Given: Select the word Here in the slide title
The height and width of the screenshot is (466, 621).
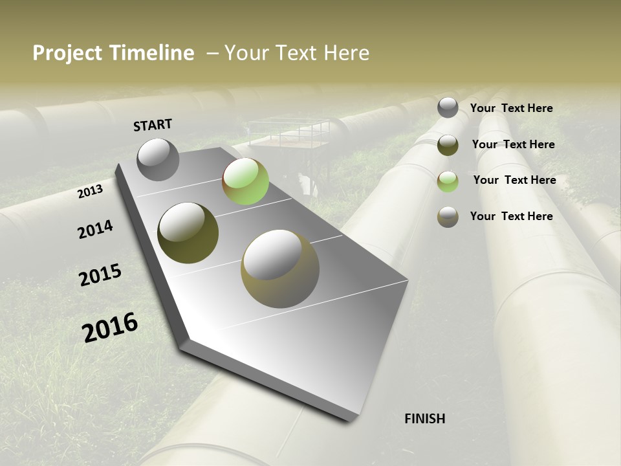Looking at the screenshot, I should [346, 53].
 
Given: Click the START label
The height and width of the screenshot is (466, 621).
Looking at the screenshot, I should [153, 125].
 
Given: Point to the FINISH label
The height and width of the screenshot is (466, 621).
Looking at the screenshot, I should [424, 419].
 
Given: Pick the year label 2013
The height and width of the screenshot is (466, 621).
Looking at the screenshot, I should [90, 192].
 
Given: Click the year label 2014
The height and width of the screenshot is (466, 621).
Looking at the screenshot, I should [95, 229].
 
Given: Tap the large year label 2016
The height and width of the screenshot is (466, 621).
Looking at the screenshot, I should [110, 327].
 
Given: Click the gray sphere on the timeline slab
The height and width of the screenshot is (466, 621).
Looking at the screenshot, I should [158, 159].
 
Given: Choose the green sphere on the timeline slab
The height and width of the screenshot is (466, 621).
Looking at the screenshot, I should [245, 181].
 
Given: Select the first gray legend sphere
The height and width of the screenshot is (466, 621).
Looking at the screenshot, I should [448, 107].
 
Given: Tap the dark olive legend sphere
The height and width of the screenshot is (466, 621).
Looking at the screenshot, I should [448, 145].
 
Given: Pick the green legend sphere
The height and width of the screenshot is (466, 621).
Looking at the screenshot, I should [448, 181].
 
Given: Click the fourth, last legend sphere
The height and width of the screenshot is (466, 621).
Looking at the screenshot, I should [448, 217].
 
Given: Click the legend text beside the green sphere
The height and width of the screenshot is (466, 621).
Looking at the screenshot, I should [514, 180].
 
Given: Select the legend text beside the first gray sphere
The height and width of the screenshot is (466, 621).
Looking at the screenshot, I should [511, 108].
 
